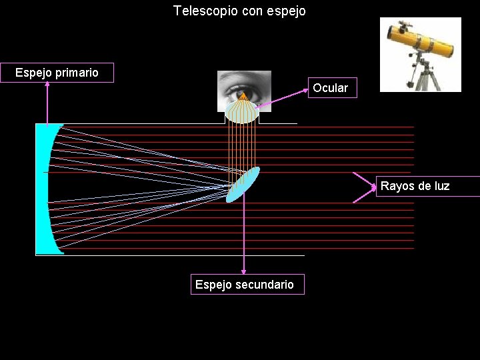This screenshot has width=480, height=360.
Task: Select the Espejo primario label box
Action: [x=57, y=73]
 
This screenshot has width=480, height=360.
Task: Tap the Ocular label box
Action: [x=331, y=88]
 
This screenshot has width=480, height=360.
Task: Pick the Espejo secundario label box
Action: [x=245, y=285]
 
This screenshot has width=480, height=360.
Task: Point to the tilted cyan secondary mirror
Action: [x=243, y=184]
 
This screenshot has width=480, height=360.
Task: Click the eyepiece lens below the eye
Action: [x=241, y=111]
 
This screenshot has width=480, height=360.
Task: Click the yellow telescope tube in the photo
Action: [x=420, y=40]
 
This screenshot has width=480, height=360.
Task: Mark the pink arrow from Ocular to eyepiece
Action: [x=280, y=98]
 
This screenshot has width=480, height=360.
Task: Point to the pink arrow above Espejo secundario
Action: [x=244, y=233]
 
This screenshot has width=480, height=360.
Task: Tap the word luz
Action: [x=441, y=186]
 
